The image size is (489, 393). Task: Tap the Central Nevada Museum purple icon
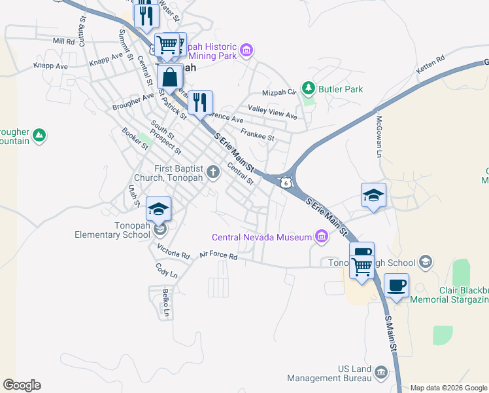(321, 236)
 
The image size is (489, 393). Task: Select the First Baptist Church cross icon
(212, 172)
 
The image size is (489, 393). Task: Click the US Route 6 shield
(285, 183)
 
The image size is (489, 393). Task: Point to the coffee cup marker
(396, 286)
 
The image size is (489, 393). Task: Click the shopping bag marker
(169, 77)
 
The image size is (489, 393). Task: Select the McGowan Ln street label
(378, 136)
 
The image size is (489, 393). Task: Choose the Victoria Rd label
(173, 251)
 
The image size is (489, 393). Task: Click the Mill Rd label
(65, 41)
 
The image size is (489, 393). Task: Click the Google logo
(22, 385)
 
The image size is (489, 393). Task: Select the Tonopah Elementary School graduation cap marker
(158, 210)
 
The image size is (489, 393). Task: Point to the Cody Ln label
(166, 269)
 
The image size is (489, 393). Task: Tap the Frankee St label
(257, 135)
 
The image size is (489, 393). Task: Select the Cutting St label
(83, 30)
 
